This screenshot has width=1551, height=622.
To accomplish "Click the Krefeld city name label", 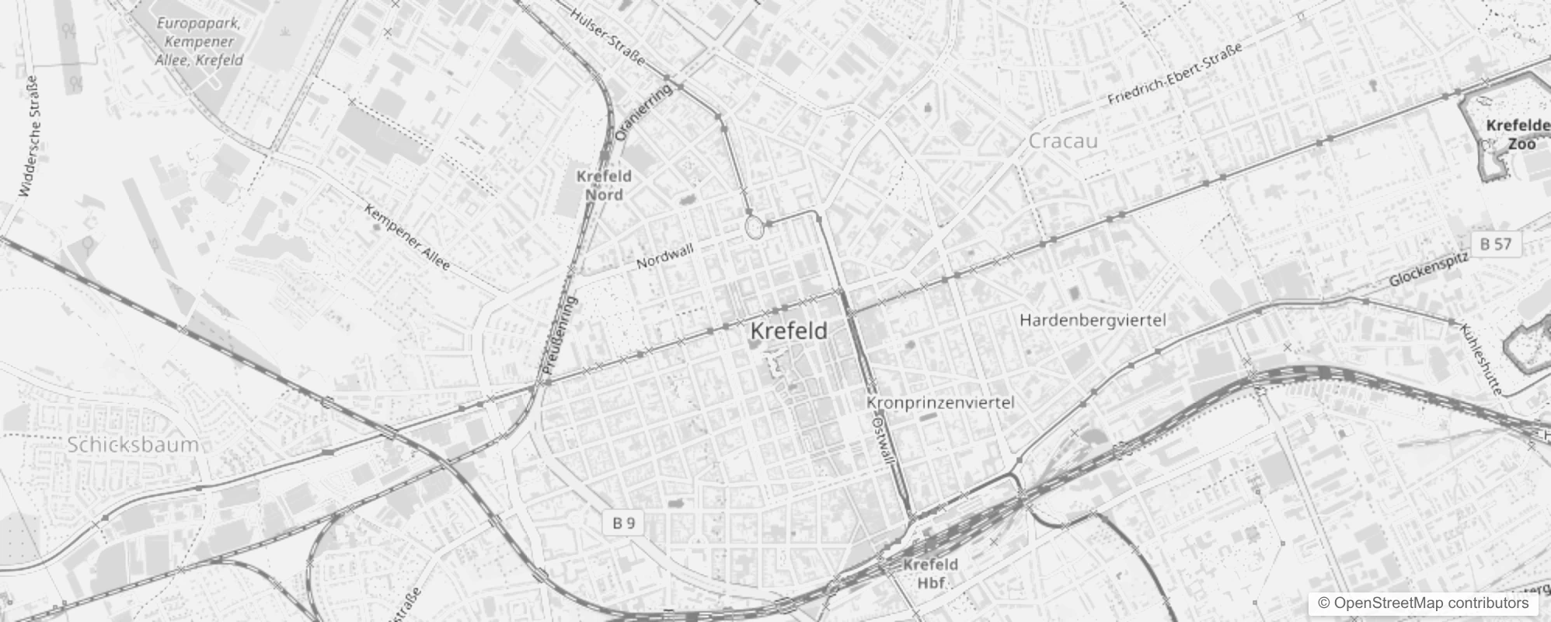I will [x=789, y=331].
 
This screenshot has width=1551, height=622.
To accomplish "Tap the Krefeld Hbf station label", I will [x=930, y=574].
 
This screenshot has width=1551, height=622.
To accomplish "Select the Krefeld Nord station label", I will [x=604, y=185].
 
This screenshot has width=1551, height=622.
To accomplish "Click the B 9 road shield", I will [x=623, y=522].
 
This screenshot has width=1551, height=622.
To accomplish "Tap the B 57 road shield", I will [x=1495, y=244].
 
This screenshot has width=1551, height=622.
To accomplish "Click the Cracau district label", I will [x=1063, y=142].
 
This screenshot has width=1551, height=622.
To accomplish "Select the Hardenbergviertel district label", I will [x=1093, y=320].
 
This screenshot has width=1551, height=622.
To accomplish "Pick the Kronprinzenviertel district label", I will [x=940, y=403].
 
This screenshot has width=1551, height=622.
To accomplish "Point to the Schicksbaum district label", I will [x=133, y=446].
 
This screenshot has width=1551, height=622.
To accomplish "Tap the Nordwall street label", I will [x=665, y=256].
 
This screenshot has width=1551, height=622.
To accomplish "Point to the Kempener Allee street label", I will [x=407, y=237].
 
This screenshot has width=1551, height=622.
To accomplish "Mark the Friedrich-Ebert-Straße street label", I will [x=1174, y=75].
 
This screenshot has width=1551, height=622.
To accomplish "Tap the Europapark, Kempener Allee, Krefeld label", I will [x=199, y=41].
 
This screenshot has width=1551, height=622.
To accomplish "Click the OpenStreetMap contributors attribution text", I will [x=1421, y=603].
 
